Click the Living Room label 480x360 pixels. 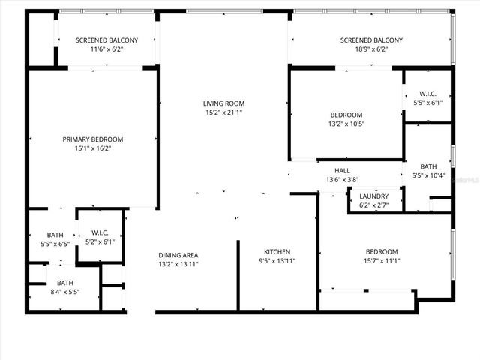[x=223, y=103]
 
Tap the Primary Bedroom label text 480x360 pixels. [x=92, y=139]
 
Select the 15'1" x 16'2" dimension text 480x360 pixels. [x=92, y=148]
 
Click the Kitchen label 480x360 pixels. [x=277, y=251]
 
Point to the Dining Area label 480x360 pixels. [x=178, y=255]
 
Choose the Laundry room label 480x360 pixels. [x=374, y=196]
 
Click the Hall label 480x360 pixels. [x=342, y=171]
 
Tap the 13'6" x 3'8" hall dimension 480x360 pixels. [x=342, y=180]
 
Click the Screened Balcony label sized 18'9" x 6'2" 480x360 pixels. [x=371, y=40]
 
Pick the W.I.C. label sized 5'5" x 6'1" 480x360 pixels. [x=427, y=94]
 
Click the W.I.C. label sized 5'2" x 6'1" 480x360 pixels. [x=100, y=232]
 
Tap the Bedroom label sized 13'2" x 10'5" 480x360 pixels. [x=346, y=115]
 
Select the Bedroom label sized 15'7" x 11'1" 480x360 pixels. [x=382, y=251]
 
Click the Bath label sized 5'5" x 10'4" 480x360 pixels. [x=428, y=167]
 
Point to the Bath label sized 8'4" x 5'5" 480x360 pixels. [x=65, y=283]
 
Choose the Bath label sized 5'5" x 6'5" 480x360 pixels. [x=55, y=235]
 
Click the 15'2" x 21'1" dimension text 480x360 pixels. [x=223, y=112]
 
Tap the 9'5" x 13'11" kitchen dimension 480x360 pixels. [x=277, y=261]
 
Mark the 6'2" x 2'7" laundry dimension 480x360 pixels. [x=374, y=205]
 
